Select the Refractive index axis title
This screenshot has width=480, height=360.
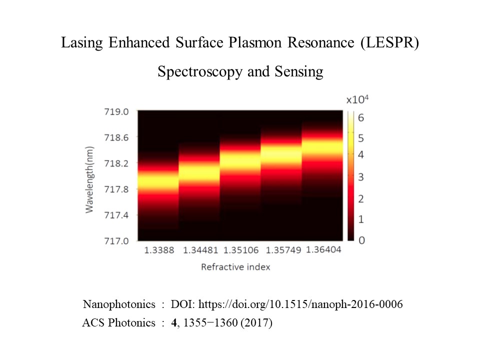[235, 267]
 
